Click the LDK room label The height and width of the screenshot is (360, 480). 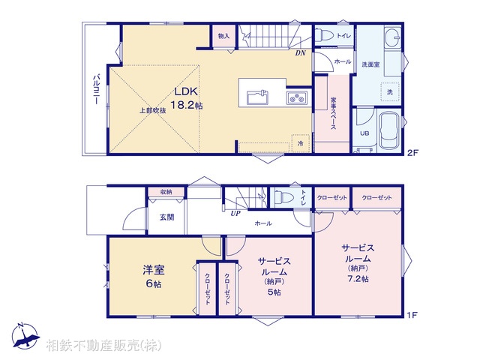coord(187,91)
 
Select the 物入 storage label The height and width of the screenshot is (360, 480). coord(223,35)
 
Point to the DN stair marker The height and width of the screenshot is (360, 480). coord(299,52)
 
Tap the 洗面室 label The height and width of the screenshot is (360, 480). coord(370,64)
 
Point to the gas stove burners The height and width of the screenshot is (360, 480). coord(295,97)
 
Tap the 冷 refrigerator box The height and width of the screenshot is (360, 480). coord(300,142)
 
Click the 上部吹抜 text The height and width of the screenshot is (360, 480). coord(152,110)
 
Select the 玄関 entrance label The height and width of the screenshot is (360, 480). coord(166,217)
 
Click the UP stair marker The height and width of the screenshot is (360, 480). coord(235,212)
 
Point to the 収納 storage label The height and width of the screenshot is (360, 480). coord(166,193)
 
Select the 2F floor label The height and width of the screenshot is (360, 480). coord(412,154)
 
